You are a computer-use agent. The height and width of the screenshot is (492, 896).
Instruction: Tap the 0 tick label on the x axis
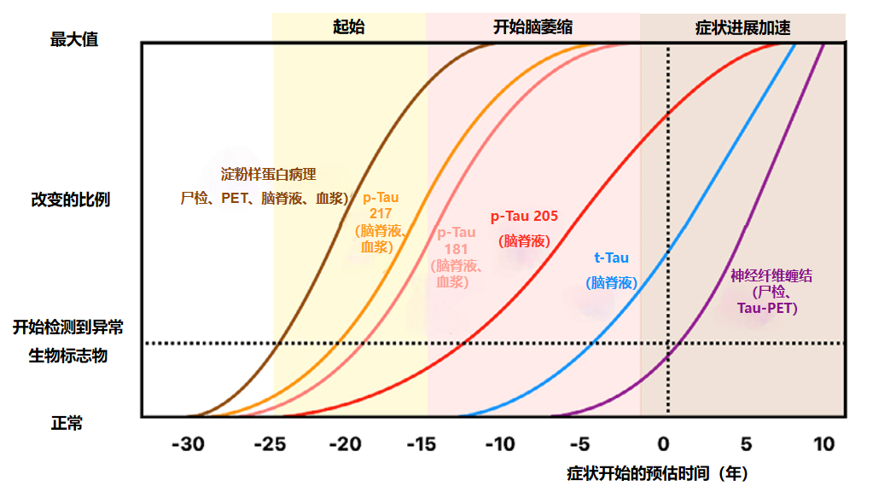(665, 444)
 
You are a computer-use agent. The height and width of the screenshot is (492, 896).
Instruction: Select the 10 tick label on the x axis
(824, 444)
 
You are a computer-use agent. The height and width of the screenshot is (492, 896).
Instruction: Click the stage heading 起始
(348, 26)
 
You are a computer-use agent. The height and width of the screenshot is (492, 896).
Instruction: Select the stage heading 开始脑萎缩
(532, 26)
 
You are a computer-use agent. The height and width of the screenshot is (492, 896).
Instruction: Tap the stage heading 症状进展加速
(742, 27)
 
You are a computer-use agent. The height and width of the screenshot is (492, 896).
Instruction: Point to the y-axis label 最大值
(74, 39)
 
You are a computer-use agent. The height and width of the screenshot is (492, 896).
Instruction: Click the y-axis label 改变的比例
(71, 201)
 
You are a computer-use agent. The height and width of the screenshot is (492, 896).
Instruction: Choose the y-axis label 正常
(67, 423)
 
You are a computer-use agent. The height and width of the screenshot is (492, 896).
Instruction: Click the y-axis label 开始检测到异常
(68, 327)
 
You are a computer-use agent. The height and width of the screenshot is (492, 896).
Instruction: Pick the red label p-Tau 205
(524, 217)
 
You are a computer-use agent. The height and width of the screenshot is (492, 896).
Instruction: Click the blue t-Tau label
(611, 258)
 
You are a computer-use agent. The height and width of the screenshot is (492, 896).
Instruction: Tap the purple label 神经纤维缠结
(771, 275)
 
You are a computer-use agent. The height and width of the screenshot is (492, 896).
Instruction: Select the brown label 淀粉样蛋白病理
(268, 175)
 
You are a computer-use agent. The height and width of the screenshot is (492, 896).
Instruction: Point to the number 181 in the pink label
(457, 248)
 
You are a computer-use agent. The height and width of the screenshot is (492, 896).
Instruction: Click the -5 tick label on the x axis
(582, 444)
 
